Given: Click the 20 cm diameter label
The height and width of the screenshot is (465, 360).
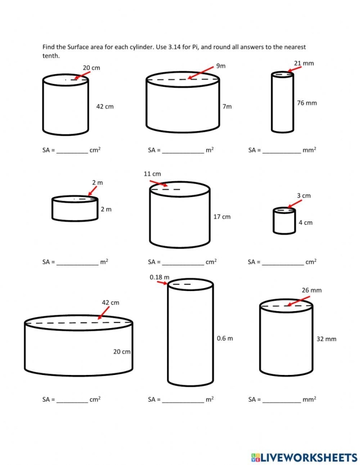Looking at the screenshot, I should pos(91,68).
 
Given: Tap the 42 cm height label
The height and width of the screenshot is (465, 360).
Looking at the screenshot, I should pos(105,106).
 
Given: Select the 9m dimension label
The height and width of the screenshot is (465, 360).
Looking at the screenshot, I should pos(221,66).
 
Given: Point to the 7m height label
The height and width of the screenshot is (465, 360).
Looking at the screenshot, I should pos(227,106).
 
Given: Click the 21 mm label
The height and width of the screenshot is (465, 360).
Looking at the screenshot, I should pos(303,63).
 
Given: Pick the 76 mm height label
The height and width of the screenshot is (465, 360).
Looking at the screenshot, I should pos(307,103).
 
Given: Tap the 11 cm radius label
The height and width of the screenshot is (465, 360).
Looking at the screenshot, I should pos(152,174).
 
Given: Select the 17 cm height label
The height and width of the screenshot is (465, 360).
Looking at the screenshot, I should pos(222,217).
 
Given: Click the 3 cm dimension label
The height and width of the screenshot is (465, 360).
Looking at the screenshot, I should pos(303,195).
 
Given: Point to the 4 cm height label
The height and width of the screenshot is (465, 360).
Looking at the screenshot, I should pos(305,223).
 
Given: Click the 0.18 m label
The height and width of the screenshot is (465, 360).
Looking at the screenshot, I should pos(159,277).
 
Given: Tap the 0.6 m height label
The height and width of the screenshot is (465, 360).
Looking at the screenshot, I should pos(224,338).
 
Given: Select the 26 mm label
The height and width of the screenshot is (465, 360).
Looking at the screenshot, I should pos(312,290).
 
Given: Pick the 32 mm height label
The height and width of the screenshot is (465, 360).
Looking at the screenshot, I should pos(326,339).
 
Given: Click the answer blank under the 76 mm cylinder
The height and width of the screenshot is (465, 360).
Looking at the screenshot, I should pos(282,151).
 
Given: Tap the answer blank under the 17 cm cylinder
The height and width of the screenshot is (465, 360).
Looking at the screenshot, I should pos(183,262).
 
